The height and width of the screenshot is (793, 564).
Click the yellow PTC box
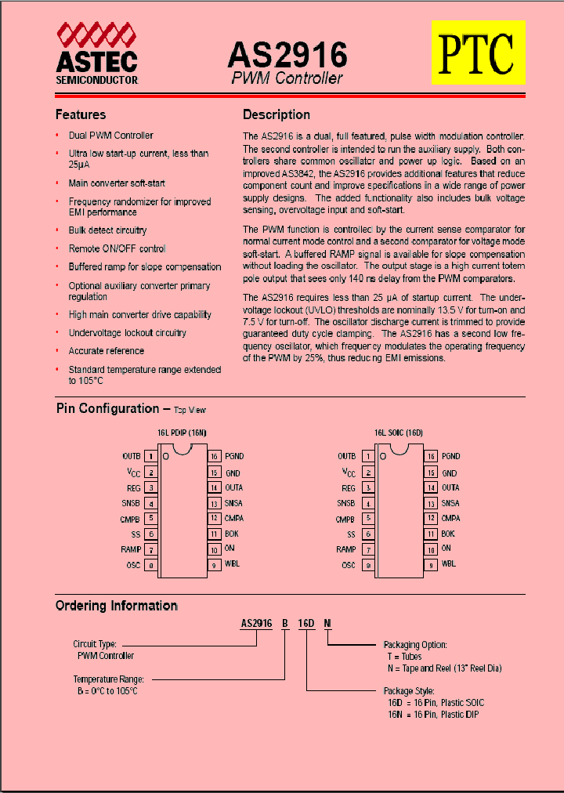coord(478,53)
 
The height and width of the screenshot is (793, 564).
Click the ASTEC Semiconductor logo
coord(97,54)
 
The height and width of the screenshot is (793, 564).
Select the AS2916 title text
coord(287,56)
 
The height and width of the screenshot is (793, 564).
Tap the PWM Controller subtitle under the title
coord(287,78)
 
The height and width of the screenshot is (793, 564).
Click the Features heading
coord(81,114)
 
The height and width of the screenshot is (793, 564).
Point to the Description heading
coord(277,114)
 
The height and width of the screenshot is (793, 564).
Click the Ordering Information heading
coord(117,606)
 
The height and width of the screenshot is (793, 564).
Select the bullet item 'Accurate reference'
coord(107,351)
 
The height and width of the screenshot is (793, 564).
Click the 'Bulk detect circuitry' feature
coord(107,230)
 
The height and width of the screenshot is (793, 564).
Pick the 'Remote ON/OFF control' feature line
coord(117,248)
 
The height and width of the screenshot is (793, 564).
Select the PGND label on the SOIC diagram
coord(450,456)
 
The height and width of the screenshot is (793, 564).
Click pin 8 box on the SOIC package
coord(367,565)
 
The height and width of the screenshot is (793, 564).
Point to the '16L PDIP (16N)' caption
coord(182,433)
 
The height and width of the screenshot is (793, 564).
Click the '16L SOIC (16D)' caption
coord(398,433)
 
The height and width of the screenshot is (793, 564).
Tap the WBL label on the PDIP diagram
coord(232,564)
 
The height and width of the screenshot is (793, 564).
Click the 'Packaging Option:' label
coord(415,645)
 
